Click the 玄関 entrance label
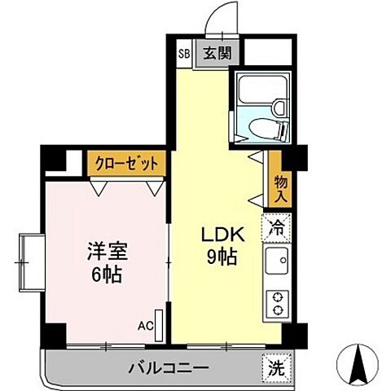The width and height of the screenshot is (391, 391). pos(216,54)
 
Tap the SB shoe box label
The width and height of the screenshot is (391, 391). pos(183,54)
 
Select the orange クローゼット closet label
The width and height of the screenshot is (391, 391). pos(125,162)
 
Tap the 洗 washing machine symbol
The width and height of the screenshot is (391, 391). pos(277,367)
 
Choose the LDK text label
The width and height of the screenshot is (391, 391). pos(220,234)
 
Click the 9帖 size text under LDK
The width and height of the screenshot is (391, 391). pos(220,258)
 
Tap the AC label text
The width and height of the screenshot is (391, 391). pos(145,326)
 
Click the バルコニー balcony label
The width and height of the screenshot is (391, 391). pos(168,368)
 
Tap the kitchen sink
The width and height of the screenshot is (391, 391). pos(277,263)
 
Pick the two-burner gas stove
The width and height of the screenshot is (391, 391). pos(278,304)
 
